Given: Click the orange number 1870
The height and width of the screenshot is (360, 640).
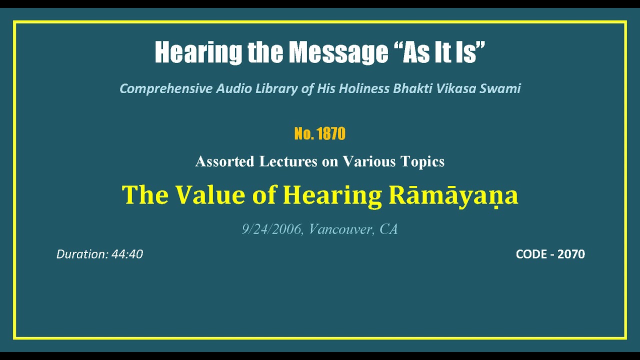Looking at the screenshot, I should click(x=330, y=134).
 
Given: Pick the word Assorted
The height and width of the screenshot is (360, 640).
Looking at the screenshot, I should click(x=224, y=161).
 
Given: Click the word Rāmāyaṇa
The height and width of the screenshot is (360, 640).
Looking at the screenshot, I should click(x=453, y=195).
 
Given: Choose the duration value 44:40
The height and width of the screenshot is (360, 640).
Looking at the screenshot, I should click(x=127, y=254).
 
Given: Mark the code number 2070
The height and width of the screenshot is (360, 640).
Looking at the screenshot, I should click(x=571, y=254).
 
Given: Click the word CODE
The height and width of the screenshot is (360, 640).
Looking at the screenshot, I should click(x=531, y=254).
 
